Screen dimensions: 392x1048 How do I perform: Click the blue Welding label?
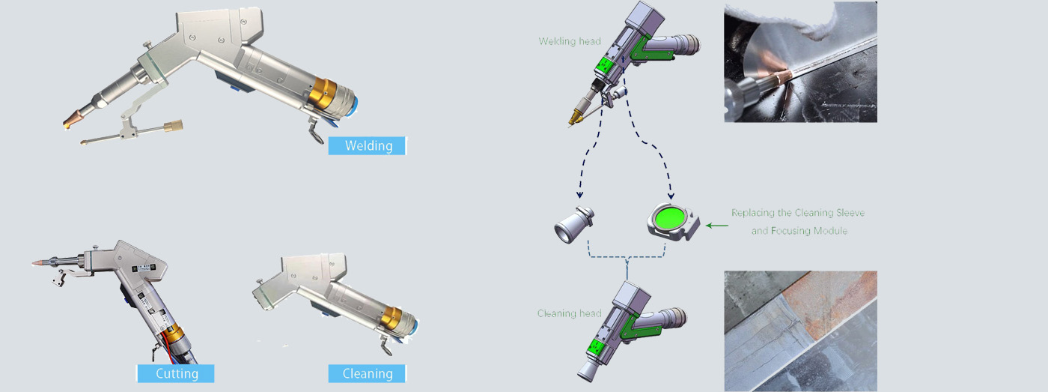(367, 145)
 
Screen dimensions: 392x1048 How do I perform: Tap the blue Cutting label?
(176, 373)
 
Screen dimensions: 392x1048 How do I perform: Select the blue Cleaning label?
(367, 373)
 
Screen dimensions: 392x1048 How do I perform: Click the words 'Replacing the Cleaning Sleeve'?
(798, 213)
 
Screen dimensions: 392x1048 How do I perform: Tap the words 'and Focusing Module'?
(799, 231)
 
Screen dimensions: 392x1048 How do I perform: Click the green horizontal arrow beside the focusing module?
(717, 224)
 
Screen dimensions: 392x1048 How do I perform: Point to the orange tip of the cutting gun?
(37, 263)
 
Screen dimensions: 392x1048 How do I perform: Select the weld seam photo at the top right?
(800, 62)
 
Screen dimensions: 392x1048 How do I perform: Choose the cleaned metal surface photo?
(800, 331)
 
